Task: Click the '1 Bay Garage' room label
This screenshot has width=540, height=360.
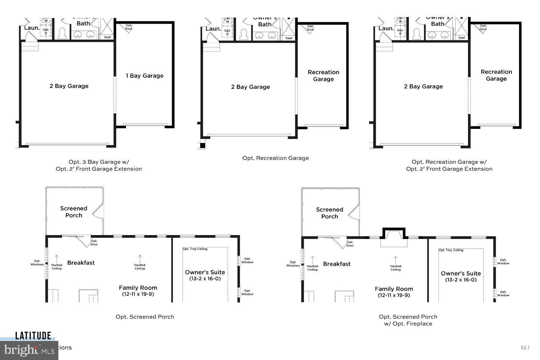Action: click(144, 76)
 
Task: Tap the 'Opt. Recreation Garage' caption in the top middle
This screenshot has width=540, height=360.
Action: click(275, 158)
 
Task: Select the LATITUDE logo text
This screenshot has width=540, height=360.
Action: click(33, 336)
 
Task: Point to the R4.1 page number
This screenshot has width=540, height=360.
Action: click(525, 348)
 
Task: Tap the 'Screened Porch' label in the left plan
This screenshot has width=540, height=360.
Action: click(73, 212)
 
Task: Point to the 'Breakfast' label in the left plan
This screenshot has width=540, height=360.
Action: click(81, 263)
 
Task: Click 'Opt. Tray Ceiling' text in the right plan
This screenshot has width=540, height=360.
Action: click(451, 250)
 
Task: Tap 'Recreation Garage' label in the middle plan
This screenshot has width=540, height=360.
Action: click(323, 76)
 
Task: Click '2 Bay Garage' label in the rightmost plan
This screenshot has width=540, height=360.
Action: click(423, 86)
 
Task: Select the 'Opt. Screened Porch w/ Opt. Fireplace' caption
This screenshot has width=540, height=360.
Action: click(408, 320)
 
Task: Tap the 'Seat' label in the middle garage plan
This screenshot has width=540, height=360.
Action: click(289, 38)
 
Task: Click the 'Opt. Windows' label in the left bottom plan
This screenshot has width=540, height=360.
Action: click(37, 263)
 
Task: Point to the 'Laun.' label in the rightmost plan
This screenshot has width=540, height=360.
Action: click(386, 28)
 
